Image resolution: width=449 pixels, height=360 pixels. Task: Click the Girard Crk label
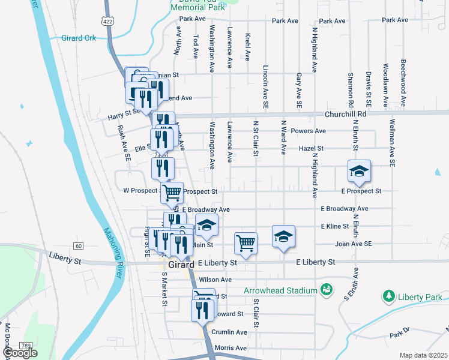click(79, 38)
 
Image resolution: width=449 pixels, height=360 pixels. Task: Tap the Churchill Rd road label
click(345, 113)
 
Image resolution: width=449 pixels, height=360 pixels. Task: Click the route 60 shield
click(78, 246)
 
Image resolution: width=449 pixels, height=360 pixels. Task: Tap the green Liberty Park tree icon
click(389, 296)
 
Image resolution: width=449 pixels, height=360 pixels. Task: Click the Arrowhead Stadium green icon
click(326, 290)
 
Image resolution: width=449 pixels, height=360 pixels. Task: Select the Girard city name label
click(181, 265)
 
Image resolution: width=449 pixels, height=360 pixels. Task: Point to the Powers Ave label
click(307, 131)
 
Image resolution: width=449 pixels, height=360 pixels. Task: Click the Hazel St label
click(311, 148)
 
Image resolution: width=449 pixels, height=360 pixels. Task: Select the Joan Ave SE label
click(354, 244)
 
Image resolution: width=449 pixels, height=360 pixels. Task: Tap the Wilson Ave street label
click(215, 280)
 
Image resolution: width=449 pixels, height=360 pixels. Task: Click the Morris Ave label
click(231, 348)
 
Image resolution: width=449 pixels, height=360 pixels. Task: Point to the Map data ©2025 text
click(423, 355)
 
